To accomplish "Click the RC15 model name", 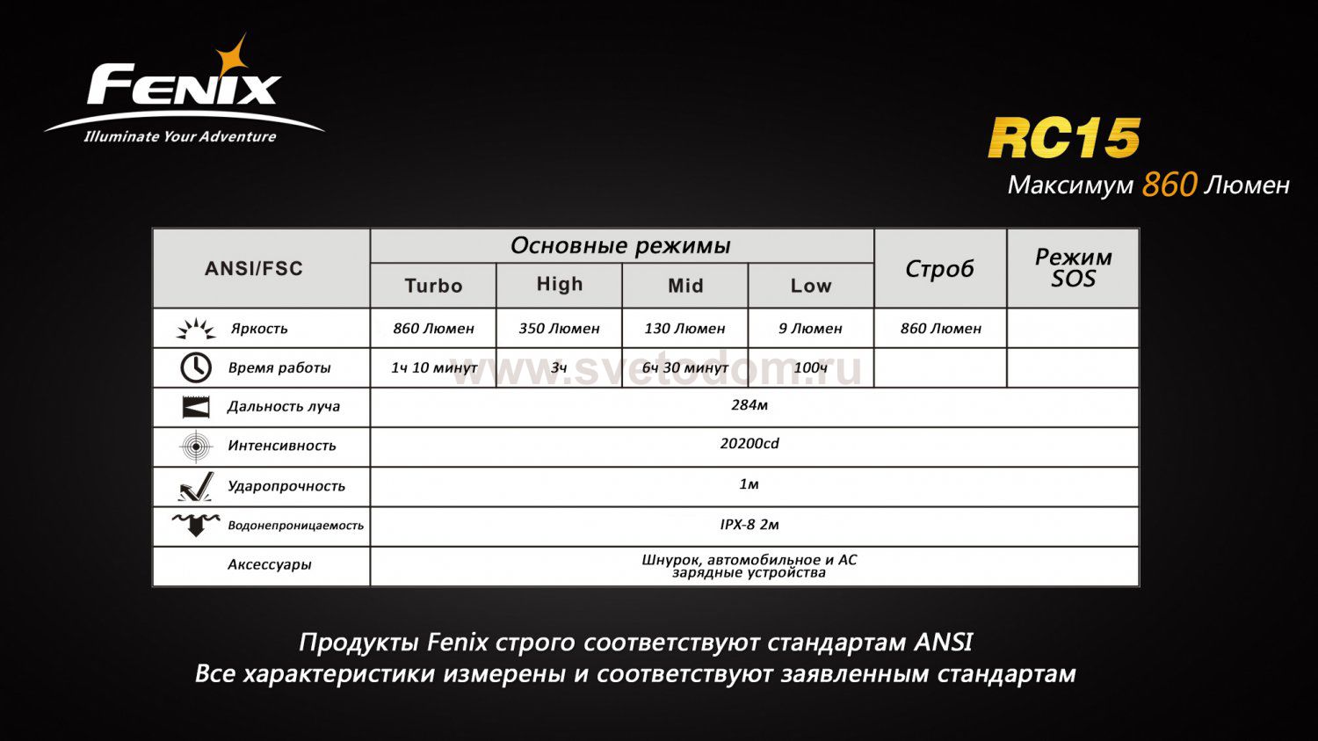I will [x=1063, y=139].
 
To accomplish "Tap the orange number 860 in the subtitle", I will [x=1170, y=185].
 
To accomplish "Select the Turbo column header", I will [x=433, y=286].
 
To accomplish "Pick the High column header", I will [x=560, y=284].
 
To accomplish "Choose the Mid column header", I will [x=685, y=286].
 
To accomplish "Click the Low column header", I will [x=810, y=286].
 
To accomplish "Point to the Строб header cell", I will [x=939, y=269].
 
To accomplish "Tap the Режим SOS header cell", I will [x=1073, y=268].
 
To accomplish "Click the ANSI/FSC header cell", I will [x=254, y=269].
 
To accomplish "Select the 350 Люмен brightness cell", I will [x=559, y=329].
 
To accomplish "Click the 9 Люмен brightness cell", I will [x=810, y=329].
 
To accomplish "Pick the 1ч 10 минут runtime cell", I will [x=434, y=367].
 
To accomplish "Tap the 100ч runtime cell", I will [x=810, y=367].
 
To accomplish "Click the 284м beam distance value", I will [x=750, y=405].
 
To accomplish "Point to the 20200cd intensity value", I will [x=750, y=444].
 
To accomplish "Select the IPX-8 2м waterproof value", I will [x=750, y=525].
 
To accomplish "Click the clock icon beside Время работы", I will [x=195, y=367].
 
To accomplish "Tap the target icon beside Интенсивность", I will [x=195, y=447].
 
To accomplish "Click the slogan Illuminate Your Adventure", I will [x=180, y=137].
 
